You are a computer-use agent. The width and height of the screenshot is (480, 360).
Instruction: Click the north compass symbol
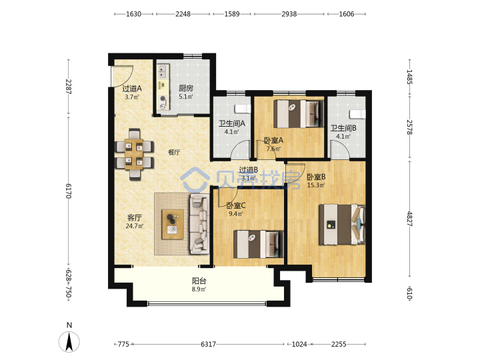pyautogui.click(x=69, y=341)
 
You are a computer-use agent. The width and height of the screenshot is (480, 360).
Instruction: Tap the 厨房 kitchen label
pyautogui.click(x=186, y=89)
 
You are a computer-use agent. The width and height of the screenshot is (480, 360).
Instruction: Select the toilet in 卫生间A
pyautogui.click(x=243, y=109)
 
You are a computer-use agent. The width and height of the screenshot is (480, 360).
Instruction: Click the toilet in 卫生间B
pyautogui.click(x=357, y=114)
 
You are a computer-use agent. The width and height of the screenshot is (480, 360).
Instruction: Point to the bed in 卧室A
pyautogui.click(x=299, y=114)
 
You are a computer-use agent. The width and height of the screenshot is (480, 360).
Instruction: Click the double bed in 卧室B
pyautogui.click(x=342, y=225)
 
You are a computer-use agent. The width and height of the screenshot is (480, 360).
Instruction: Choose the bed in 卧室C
pyautogui.click(x=259, y=244)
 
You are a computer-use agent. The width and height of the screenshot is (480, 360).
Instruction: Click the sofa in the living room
pyautogui.click(x=199, y=225)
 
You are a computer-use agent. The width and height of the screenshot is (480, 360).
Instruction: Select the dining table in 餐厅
pyautogui.click(x=134, y=154)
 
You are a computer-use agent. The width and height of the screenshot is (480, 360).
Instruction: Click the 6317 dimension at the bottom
pyautogui.click(x=208, y=345)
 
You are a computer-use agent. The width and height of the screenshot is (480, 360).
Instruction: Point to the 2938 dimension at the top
pyautogui.click(x=289, y=14)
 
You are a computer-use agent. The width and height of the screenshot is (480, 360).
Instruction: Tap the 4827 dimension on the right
pyautogui.click(x=409, y=219)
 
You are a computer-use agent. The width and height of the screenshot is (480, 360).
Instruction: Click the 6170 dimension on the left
pyautogui.click(x=69, y=191)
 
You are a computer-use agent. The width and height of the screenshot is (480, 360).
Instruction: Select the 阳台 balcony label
pyautogui.click(x=199, y=281)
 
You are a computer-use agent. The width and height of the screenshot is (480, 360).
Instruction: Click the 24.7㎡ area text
pyautogui.click(x=135, y=226)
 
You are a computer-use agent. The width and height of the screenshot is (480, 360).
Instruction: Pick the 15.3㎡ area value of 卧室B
pyautogui.click(x=316, y=185)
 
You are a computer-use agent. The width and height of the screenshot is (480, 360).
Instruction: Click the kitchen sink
pyautogui.click(x=163, y=72)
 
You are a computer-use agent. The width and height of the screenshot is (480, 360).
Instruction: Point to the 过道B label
pyautogui.click(x=248, y=169)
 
